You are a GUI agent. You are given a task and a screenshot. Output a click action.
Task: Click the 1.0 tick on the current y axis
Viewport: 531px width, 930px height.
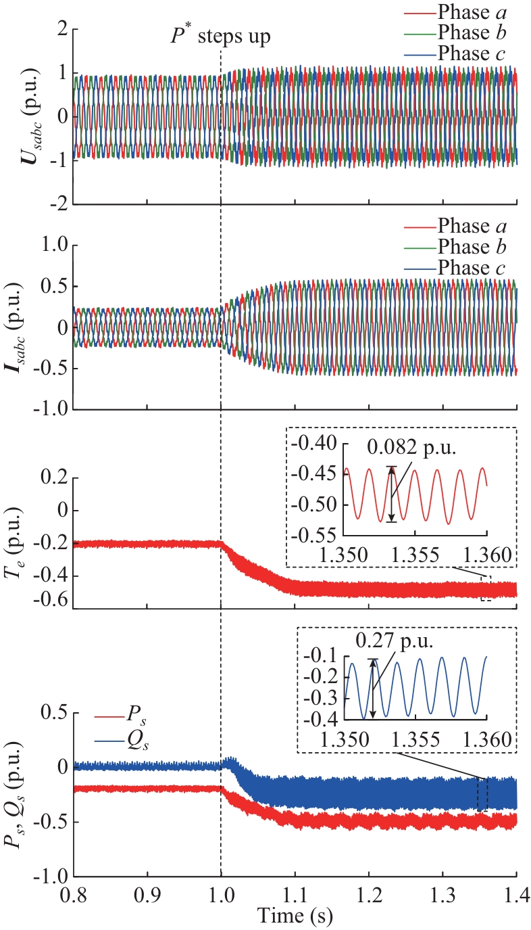pos(54,246)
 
